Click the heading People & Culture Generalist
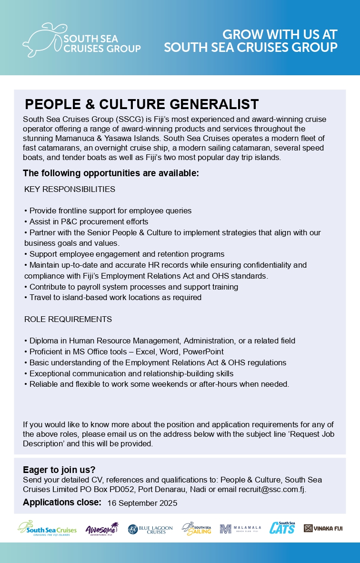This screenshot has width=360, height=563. click(x=141, y=104)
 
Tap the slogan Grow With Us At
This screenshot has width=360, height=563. click(x=280, y=34)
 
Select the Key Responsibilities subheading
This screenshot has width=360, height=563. click(x=70, y=189)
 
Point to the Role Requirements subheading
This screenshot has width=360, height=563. click(x=68, y=319)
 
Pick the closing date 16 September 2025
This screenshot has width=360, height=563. click(x=142, y=503)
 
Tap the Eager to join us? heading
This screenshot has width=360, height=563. click(x=59, y=470)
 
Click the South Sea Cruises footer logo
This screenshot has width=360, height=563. click(x=47, y=528)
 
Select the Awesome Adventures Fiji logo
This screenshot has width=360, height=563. click(x=101, y=529)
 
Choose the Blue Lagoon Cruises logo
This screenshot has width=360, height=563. click(x=150, y=529)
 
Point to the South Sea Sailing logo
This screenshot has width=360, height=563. click(x=197, y=529)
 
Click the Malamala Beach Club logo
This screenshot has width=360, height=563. click(x=240, y=529)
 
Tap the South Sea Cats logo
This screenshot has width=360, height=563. click(x=282, y=528)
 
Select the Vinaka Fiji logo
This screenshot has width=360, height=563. click(x=323, y=528)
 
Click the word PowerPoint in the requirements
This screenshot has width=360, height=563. click(x=204, y=352)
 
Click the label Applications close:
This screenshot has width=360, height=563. click(x=62, y=503)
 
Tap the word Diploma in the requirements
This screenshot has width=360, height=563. click(x=44, y=341)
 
